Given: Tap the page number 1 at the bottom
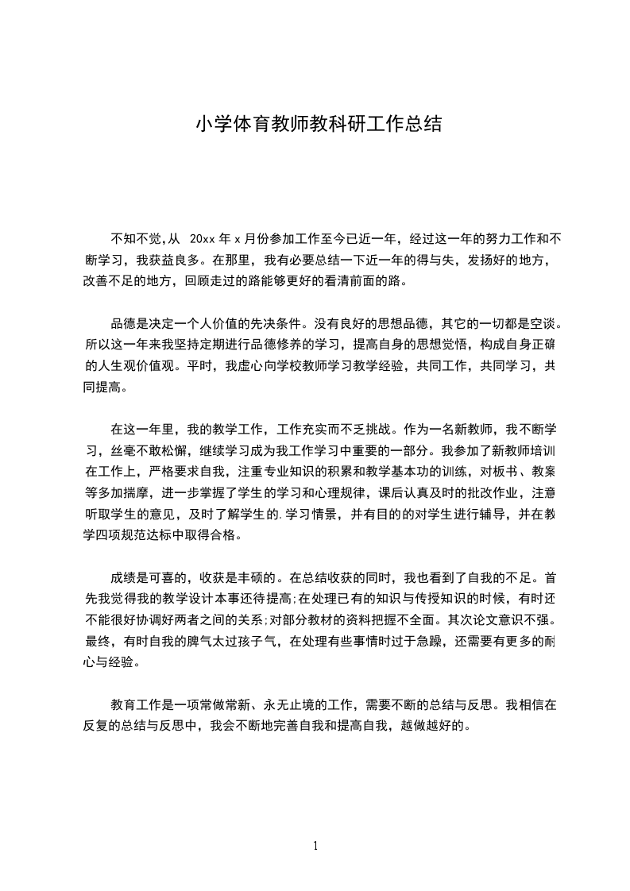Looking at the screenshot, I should click(x=315, y=846).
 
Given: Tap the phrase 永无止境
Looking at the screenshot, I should click(x=273, y=704).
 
